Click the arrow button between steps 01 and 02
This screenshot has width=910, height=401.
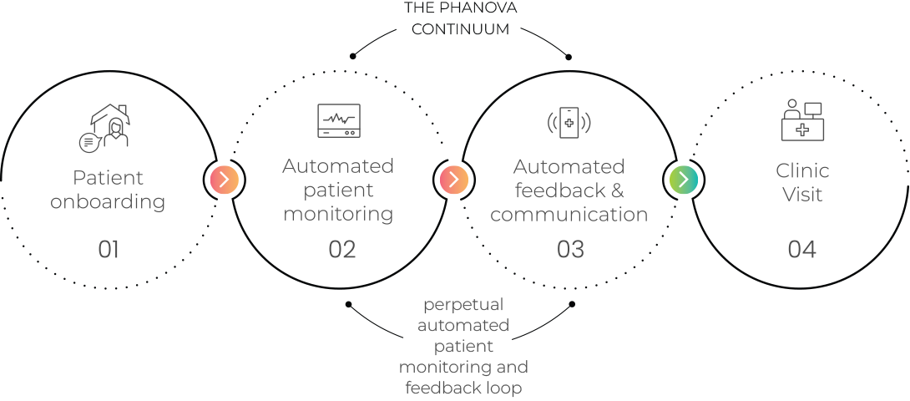(x=224, y=179)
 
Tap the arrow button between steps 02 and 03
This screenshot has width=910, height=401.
(x=453, y=179)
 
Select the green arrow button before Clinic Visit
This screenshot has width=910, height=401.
(x=683, y=179)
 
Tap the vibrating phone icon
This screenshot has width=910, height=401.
(x=569, y=123)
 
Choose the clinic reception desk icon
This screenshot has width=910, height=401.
(x=801, y=120)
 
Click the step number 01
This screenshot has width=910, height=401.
(x=109, y=249)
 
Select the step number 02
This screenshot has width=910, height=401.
(x=342, y=249)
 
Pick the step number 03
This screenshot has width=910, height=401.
(x=570, y=249)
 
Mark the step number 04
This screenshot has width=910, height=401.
(x=801, y=249)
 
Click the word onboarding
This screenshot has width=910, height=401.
(x=108, y=202)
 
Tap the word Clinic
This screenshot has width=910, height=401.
(x=802, y=171)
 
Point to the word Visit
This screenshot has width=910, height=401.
(x=802, y=195)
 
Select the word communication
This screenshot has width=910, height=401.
(x=569, y=215)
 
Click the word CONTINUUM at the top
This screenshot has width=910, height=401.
(x=461, y=28)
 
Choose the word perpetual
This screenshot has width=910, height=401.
(x=463, y=304)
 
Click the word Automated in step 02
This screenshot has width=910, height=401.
(x=338, y=166)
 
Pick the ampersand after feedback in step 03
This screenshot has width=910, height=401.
(x=617, y=190)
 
